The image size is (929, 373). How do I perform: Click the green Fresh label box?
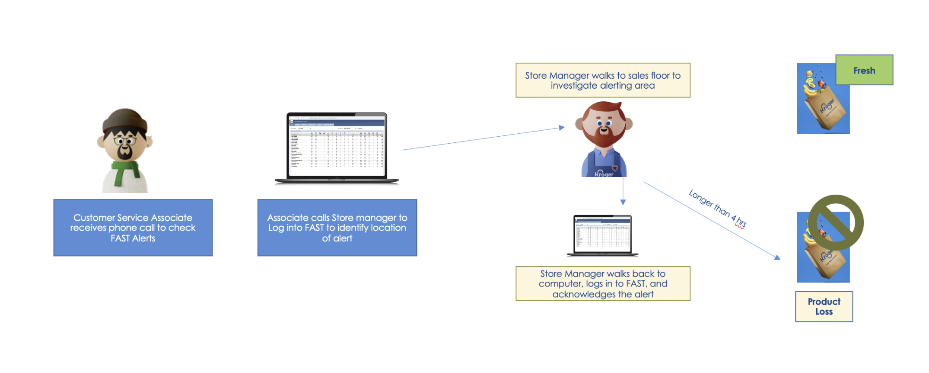[864, 70]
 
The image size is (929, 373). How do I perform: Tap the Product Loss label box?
[824, 307]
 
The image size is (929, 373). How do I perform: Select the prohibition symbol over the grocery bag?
[836, 222]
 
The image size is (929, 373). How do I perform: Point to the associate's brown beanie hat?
[125, 119]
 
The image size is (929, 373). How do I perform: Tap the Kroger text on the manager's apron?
[604, 174]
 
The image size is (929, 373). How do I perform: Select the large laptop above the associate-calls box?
[337, 147]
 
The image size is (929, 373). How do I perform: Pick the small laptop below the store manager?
[602, 235]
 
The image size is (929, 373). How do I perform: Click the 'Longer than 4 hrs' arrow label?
[717, 208]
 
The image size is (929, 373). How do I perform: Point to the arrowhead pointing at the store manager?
[562, 128]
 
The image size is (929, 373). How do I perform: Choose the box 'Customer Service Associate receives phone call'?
[133, 228]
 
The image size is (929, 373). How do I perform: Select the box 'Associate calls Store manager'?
[337, 228]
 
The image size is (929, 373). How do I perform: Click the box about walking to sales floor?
[603, 80]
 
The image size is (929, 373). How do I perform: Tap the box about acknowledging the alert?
[603, 284]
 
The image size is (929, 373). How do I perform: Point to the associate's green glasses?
[124, 141]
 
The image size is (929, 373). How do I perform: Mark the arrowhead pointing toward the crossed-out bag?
[777, 257]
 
